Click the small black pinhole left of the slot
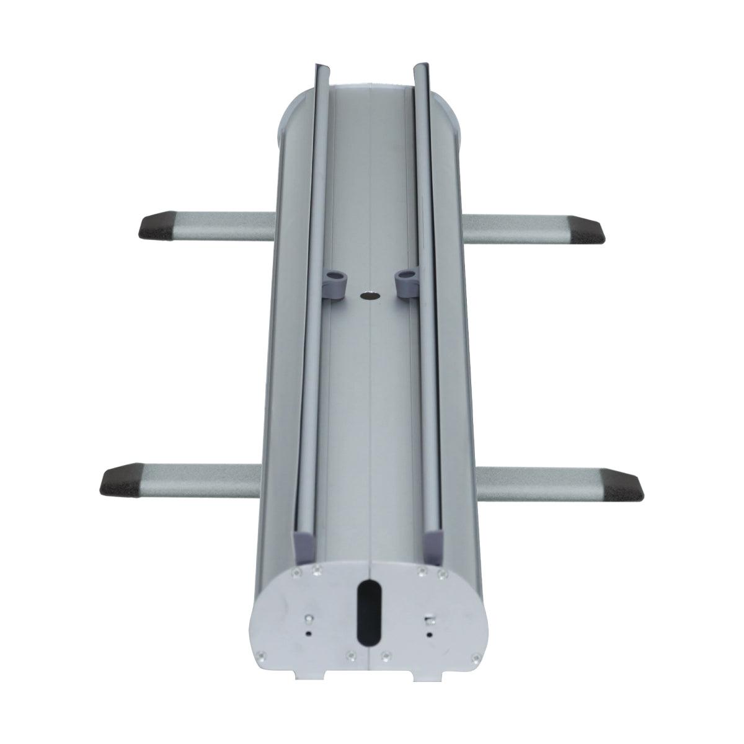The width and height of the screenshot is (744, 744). coord(309,633)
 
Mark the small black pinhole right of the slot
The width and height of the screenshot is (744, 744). coord(428,634)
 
